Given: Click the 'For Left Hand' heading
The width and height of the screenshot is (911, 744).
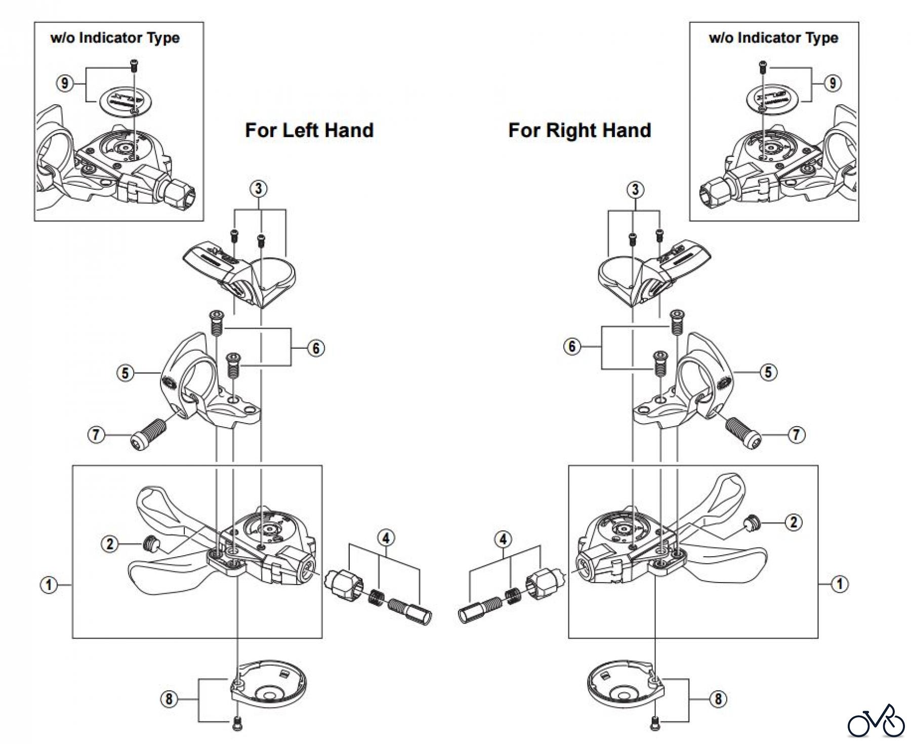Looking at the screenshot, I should point(309,131).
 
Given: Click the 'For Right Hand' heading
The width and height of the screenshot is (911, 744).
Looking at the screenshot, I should point(579,131).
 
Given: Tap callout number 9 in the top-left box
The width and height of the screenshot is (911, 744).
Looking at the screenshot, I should point(64,83).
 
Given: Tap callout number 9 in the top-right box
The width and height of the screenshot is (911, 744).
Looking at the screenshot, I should point(833,83).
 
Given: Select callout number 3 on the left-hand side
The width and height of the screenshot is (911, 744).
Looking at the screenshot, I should point(259,189).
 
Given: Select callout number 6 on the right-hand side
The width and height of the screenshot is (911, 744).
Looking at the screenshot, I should point(572,347).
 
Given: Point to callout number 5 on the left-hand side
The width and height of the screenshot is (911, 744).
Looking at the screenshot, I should point(125,374).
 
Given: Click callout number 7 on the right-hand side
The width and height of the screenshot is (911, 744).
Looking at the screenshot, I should point(797,435).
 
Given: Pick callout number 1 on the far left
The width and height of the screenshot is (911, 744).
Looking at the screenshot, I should point(49,586).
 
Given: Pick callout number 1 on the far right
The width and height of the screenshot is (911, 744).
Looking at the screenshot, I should point(840,585).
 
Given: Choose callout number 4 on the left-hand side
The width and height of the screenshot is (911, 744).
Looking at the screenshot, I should point(386,538).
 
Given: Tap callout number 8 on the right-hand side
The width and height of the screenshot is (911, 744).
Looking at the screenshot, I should point(718,699).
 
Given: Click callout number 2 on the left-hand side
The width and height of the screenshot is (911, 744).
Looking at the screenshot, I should point(110,545).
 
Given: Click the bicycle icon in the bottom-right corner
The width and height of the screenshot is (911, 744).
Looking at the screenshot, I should point(876,721).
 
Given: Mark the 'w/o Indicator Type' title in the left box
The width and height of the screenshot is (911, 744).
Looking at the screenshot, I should point(115,38).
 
